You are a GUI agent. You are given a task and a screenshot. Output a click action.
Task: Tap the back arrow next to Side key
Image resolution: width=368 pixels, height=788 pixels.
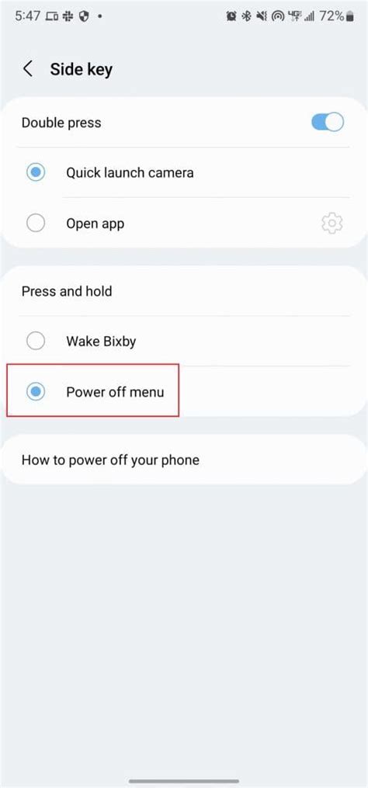point(28,69)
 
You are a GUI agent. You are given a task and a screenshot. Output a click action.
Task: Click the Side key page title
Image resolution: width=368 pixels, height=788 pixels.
point(82,69)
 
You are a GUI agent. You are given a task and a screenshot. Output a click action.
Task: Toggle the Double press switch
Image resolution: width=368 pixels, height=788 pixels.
point(327,122)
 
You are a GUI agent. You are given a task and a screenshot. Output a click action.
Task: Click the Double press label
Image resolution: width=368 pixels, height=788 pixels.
point(61,123)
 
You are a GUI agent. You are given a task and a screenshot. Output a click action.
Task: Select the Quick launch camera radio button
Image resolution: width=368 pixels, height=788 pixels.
point(36,172)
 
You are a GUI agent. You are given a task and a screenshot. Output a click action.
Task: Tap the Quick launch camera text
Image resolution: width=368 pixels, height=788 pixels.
point(130,173)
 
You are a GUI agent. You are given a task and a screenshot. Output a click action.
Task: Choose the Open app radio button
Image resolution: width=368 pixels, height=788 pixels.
point(36,224)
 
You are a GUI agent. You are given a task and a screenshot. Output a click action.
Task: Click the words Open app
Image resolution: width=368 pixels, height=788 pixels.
point(95,224)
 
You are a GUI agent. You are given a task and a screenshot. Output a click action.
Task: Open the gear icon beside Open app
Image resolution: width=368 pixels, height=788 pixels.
point(332,224)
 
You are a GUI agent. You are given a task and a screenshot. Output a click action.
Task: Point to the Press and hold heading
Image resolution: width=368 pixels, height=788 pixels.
point(67,291)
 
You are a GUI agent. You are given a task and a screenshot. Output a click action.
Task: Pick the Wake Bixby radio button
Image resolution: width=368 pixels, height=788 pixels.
point(36,341)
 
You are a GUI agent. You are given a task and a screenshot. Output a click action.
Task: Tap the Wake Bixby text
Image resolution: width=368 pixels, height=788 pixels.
point(101,341)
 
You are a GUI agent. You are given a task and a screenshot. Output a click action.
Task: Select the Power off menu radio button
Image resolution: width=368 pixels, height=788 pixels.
point(36,392)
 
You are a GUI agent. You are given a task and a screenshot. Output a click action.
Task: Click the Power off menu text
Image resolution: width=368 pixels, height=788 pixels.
point(115,392)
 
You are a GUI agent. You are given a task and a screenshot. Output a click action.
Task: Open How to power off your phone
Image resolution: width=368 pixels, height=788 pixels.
point(110,460)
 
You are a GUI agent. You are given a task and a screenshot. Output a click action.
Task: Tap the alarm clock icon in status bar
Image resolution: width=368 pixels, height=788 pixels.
point(231,16)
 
